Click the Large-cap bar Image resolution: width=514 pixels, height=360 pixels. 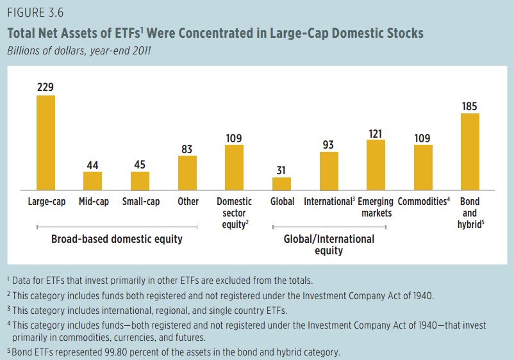(x=46, y=142)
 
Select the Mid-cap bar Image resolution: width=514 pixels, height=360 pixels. (x=92, y=181)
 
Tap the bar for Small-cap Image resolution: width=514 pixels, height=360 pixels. (x=140, y=181)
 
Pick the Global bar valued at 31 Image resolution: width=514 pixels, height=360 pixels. (x=281, y=183)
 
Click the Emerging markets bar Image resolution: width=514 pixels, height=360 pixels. (x=376, y=165)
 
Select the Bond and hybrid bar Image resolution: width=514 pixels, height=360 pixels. (x=470, y=151)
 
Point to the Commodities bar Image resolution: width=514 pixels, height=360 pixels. (x=422, y=167)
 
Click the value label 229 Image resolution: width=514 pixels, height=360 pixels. (x=46, y=87)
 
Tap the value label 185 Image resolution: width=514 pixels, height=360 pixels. (x=470, y=106)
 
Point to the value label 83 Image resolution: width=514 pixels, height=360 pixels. (x=187, y=149)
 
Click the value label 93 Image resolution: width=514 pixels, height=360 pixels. (x=328, y=145)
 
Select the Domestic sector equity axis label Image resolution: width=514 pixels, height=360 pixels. (x=234, y=213)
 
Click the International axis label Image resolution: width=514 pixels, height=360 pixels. (x=328, y=201)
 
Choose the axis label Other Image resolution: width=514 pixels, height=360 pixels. (x=188, y=201)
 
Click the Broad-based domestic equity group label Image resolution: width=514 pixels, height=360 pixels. (x=117, y=240)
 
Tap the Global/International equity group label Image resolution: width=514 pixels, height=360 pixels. (x=329, y=245)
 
